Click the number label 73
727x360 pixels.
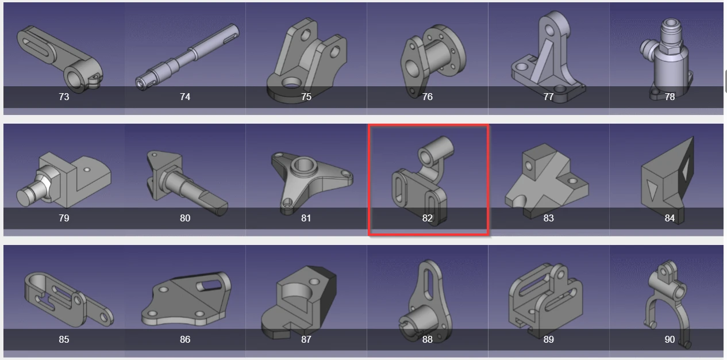[64, 97]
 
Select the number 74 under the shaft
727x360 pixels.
[185, 97]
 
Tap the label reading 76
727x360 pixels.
[427, 97]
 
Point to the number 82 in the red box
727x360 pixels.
[427, 218]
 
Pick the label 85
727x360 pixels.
[64, 339]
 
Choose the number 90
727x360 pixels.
[670, 339]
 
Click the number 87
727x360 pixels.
[306, 339]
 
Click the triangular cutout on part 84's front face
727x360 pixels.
[651, 190]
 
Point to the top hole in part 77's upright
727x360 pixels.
[549, 30]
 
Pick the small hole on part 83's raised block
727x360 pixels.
[529, 166]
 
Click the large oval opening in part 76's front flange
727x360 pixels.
[412, 69]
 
